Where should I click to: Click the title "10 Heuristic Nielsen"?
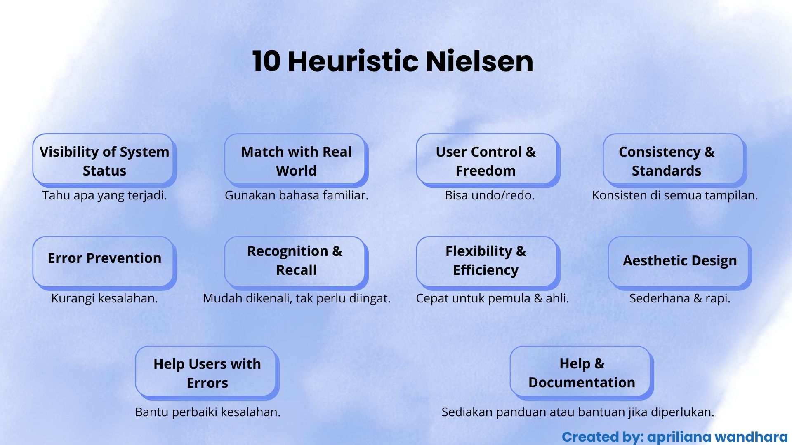click(393, 61)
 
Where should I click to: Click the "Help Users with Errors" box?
click(207, 373)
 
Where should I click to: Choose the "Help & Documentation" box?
click(582, 373)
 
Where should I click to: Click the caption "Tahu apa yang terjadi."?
click(104, 195)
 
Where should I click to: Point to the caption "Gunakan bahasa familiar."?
click(296, 195)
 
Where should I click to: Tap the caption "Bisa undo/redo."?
click(490, 195)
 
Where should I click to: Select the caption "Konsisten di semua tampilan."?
click(675, 195)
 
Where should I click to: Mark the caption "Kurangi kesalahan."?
click(104, 298)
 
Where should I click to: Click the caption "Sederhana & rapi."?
click(680, 298)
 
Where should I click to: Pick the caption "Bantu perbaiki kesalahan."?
click(207, 412)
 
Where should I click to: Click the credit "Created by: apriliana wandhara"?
click(675, 437)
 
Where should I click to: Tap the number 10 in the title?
click(266, 62)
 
